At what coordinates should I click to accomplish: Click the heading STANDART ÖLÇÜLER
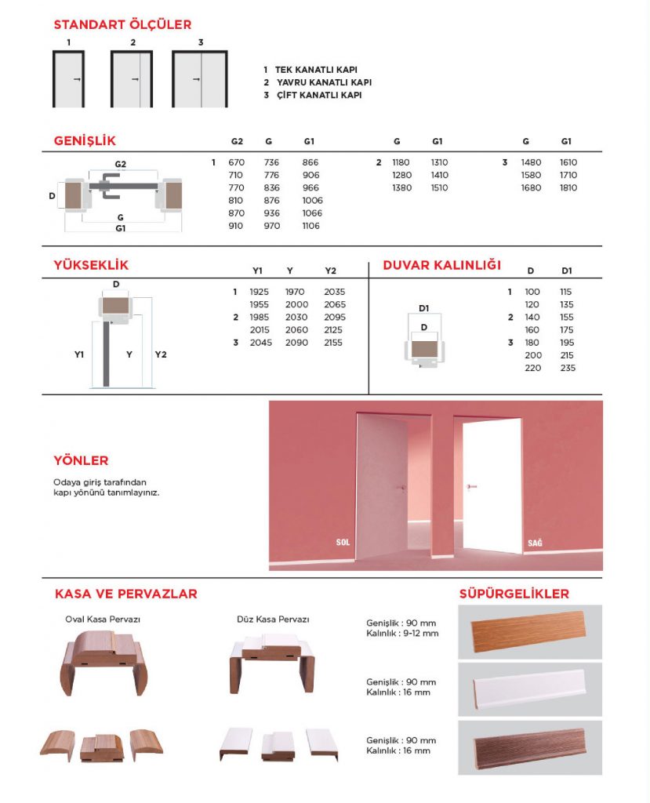pos(122,25)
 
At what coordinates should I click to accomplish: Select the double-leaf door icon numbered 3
pos(200,79)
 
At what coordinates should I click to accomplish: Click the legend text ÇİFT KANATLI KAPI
pos(318,95)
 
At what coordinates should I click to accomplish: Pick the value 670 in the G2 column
pos(237,162)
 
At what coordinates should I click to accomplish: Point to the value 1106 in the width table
pos(312,226)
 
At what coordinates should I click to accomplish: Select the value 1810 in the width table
pos(568,187)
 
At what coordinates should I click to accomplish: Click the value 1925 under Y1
pos(259,292)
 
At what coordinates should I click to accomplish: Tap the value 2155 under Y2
pos(335,343)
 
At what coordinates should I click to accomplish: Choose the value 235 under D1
pos(567,368)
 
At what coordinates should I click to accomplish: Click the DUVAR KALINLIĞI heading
pos(441,265)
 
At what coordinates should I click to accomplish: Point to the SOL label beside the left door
pos(342,542)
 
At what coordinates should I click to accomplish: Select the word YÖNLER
pos(81,460)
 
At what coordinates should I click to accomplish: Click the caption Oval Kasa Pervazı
pos(103,619)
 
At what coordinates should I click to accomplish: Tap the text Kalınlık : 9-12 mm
pos(402,633)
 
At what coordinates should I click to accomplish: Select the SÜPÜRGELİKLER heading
pos(514,594)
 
